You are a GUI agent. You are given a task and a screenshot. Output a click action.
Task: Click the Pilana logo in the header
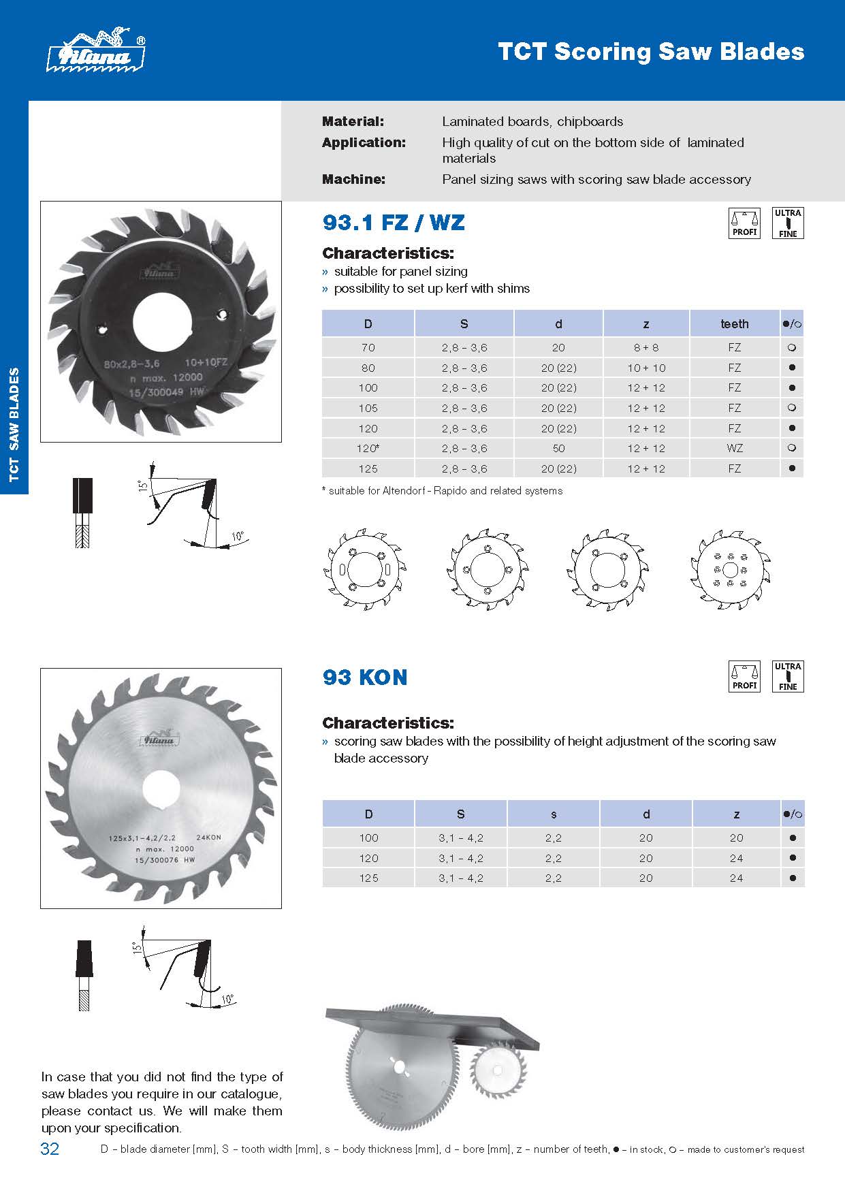click(95, 51)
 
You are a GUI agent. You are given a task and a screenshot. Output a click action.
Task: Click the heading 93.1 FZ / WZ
click(394, 223)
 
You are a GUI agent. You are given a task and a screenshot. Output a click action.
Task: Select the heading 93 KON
click(365, 678)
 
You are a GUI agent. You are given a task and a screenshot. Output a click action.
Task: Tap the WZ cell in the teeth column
click(735, 449)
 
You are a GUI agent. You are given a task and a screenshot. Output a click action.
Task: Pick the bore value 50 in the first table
click(558, 449)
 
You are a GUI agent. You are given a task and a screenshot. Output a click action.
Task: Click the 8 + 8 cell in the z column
click(645, 348)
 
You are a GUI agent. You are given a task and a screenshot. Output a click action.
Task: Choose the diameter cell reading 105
click(368, 409)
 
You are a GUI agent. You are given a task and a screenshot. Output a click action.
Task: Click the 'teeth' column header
click(734, 324)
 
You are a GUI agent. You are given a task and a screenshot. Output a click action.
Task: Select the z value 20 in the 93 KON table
click(736, 838)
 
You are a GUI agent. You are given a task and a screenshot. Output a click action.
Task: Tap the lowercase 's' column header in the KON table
click(553, 814)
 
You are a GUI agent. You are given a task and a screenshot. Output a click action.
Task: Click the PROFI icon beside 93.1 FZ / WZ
click(744, 223)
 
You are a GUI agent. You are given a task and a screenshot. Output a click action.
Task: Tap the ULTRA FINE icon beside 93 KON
click(788, 677)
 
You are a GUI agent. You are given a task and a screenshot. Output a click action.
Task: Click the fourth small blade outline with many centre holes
click(729, 571)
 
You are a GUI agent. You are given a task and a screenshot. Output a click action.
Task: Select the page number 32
click(50, 1149)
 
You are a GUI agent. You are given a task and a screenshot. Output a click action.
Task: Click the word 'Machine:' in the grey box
click(353, 180)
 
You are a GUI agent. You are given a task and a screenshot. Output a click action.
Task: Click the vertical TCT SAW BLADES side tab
click(14, 425)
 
